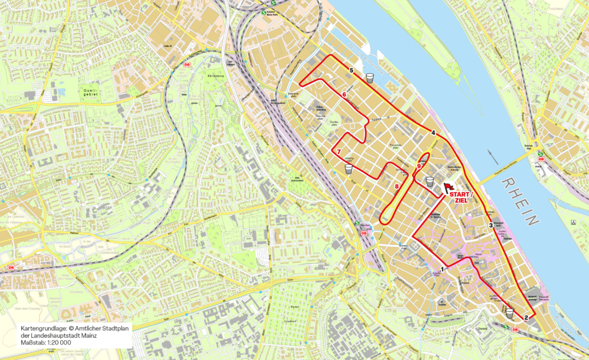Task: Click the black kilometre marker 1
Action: [x=443, y=269]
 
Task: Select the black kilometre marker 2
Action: [x=526, y=318]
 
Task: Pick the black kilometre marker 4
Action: [x=433, y=133]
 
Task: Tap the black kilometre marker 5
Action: [x=352, y=70]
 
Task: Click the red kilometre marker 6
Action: [x=344, y=95]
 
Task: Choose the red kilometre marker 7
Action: [x=339, y=151]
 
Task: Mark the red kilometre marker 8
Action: [x=397, y=186]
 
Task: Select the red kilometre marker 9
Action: [x=419, y=166]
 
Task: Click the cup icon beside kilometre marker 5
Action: [x=371, y=78]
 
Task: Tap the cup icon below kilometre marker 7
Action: [x=348, y=170]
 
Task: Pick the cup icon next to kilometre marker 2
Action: [x=509, y=313]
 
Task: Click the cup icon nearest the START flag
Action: [x=429, y=182]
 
